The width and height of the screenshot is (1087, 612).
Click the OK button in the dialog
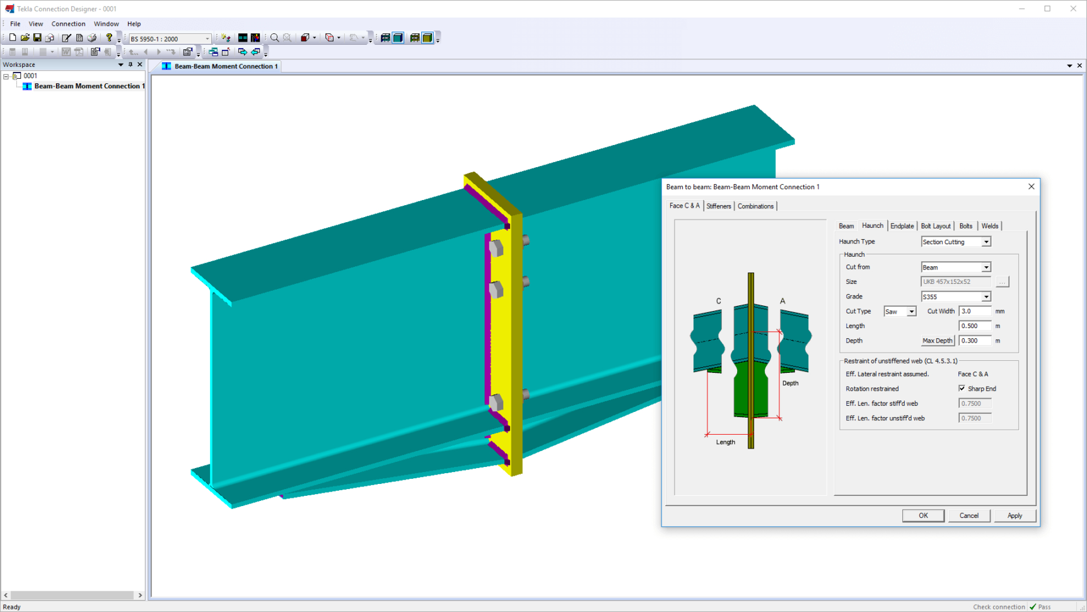[923, 515]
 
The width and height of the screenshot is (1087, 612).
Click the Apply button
[1014, 515]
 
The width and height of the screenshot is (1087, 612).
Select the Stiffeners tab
[718, 206]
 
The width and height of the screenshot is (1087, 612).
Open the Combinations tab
[755, 206]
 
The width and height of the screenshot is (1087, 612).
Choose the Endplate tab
[902, 226]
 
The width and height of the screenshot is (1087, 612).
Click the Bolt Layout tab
[935, 226]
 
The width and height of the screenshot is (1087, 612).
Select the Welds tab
[989, 226]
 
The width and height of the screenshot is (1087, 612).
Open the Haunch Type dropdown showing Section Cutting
[955, 242]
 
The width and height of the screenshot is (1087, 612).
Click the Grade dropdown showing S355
[955, 297]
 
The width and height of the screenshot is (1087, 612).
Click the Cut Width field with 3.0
[974, 311]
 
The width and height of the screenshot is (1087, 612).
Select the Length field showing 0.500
[974, 326]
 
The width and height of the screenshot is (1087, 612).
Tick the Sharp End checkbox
[962, 389]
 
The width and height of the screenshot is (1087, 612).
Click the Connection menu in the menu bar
[68, 24]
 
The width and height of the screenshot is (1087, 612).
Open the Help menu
[134, 24]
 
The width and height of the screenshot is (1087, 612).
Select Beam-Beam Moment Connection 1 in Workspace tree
[89, 86]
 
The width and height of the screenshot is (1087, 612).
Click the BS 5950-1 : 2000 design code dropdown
[170, 38]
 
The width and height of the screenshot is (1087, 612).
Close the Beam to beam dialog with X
[1031, 187]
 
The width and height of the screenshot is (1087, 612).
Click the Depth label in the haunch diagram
[790, 383]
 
